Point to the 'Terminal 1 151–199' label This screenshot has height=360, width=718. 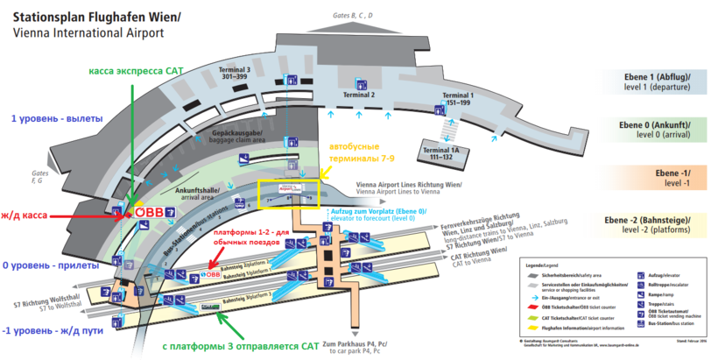coord(457,98)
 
